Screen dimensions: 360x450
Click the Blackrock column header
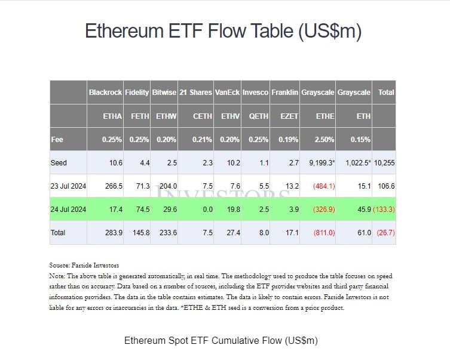click(x=105, y=93)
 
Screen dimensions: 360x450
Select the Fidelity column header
click(x=137, y=93)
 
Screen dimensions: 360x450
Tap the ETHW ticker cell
click(x=166, y=116)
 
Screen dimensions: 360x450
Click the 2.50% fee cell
click(x=325, y=139)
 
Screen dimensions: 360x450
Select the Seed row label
click(x=59, y=163)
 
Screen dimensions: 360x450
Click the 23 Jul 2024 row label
click(x=68, y=186)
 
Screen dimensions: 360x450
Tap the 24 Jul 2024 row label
click(x=68, y=209)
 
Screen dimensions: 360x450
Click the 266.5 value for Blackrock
click(x=113, y=186)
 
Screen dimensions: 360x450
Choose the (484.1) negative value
click(x=323, y=186)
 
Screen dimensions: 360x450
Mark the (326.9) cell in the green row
click(x=323, y=209)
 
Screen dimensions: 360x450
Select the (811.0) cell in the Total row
click(x=323, y=232)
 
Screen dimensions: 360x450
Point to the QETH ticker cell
click(x=258, y=116)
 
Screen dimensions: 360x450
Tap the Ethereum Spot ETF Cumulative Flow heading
click(x=221, y=341)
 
